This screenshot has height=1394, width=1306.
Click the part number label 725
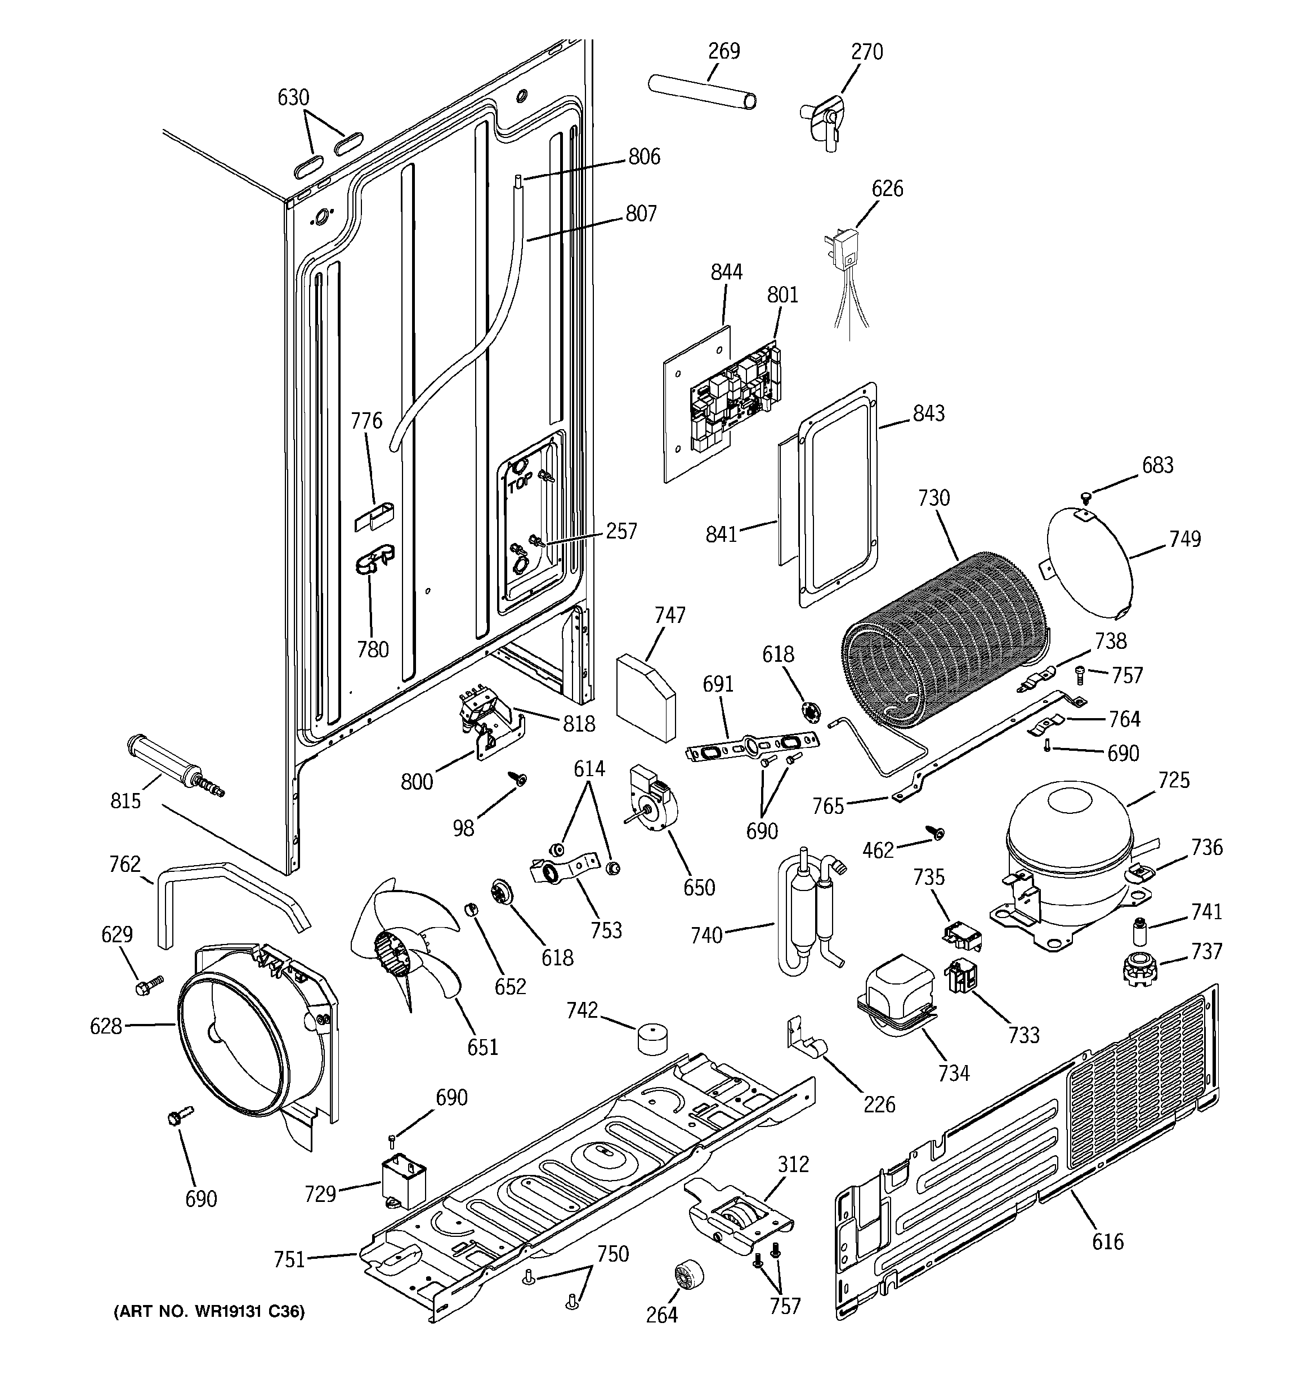point(1174,780)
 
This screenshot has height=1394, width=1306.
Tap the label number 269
point(723,51)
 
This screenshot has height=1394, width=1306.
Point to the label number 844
point(726,272)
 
